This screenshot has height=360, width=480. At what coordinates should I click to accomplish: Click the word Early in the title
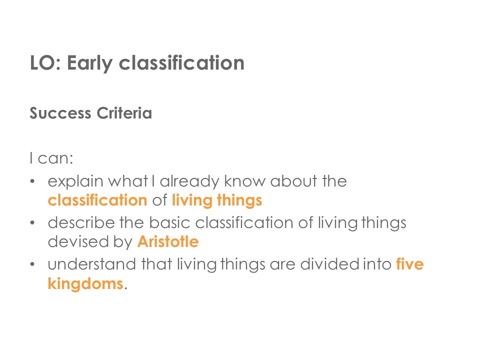89,63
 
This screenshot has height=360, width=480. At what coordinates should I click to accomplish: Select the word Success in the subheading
60,113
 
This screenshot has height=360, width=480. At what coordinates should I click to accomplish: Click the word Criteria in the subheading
124,113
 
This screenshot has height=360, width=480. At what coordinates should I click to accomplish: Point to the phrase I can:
51,158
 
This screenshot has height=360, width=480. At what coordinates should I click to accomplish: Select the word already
189,181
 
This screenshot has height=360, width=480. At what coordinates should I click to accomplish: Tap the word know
245,181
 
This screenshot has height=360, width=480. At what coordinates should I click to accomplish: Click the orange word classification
97,200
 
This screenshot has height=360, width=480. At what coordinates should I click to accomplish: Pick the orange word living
192,201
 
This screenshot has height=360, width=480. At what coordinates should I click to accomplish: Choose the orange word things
239,201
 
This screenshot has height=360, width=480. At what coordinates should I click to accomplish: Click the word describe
81,222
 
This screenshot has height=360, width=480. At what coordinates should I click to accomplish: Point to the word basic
169,222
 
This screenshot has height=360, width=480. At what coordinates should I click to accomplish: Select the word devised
78,241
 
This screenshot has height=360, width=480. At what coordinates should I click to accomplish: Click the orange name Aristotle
168,241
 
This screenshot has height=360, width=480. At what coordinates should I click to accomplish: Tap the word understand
92,264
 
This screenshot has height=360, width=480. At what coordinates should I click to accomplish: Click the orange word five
409,264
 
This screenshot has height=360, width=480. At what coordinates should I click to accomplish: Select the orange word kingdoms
85,284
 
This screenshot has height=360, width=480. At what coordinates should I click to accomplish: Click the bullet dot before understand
32,264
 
